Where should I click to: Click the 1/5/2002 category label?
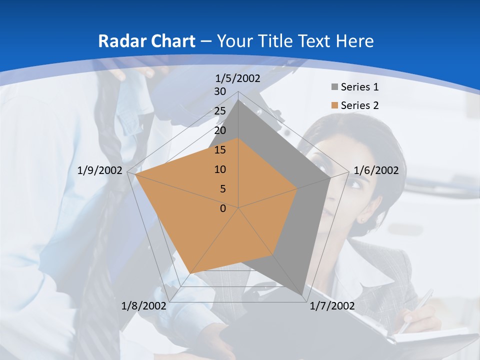point(238,78)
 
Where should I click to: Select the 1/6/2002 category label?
point(376,170)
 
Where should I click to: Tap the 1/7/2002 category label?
point(332,306)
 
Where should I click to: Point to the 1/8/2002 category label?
point(144,306)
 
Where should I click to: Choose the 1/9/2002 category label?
point(100,170)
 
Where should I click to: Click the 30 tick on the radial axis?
point(220,92)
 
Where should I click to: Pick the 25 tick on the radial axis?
point(220,111)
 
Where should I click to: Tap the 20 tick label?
point(220,131)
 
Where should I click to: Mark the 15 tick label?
point(220,150)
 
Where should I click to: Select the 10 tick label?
point(220,169)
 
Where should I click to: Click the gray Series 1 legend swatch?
point(334,87)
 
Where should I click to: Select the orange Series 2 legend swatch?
point(334,105)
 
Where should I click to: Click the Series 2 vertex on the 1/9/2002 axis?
point(134,174)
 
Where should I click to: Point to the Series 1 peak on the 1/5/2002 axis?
point(238,100)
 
